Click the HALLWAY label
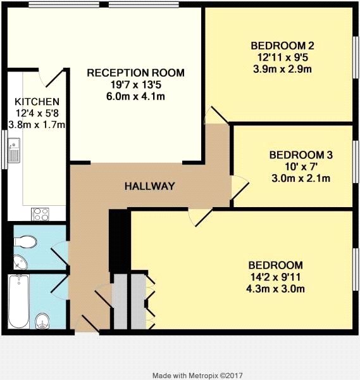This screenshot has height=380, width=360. coord(149,186)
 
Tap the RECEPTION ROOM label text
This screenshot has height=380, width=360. coord(135,73)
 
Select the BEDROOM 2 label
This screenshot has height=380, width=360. coord(282,46)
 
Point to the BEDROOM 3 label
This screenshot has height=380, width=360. coord(301,155)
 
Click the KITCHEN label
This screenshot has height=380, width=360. coord(37,102)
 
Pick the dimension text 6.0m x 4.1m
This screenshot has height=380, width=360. coord(135,97)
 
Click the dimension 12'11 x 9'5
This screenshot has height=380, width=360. coord(282,58)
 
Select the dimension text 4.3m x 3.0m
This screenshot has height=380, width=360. coord(275,289)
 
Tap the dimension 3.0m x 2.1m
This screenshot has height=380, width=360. coord(301,179)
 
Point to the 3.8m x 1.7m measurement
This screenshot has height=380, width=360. coord(37,125)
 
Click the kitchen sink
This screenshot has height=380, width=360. coord(14,150)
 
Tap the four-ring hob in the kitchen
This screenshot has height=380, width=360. coord(40,214)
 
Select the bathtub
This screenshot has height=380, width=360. coord(19,301)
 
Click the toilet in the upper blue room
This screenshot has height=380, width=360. coord(25,242)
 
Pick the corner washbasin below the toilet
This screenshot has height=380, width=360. coord(20,262)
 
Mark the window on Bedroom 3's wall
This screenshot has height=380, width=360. coord(356,162)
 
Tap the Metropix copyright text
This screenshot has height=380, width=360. coord(197,376)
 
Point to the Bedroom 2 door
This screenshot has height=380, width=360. coord(216,115)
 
